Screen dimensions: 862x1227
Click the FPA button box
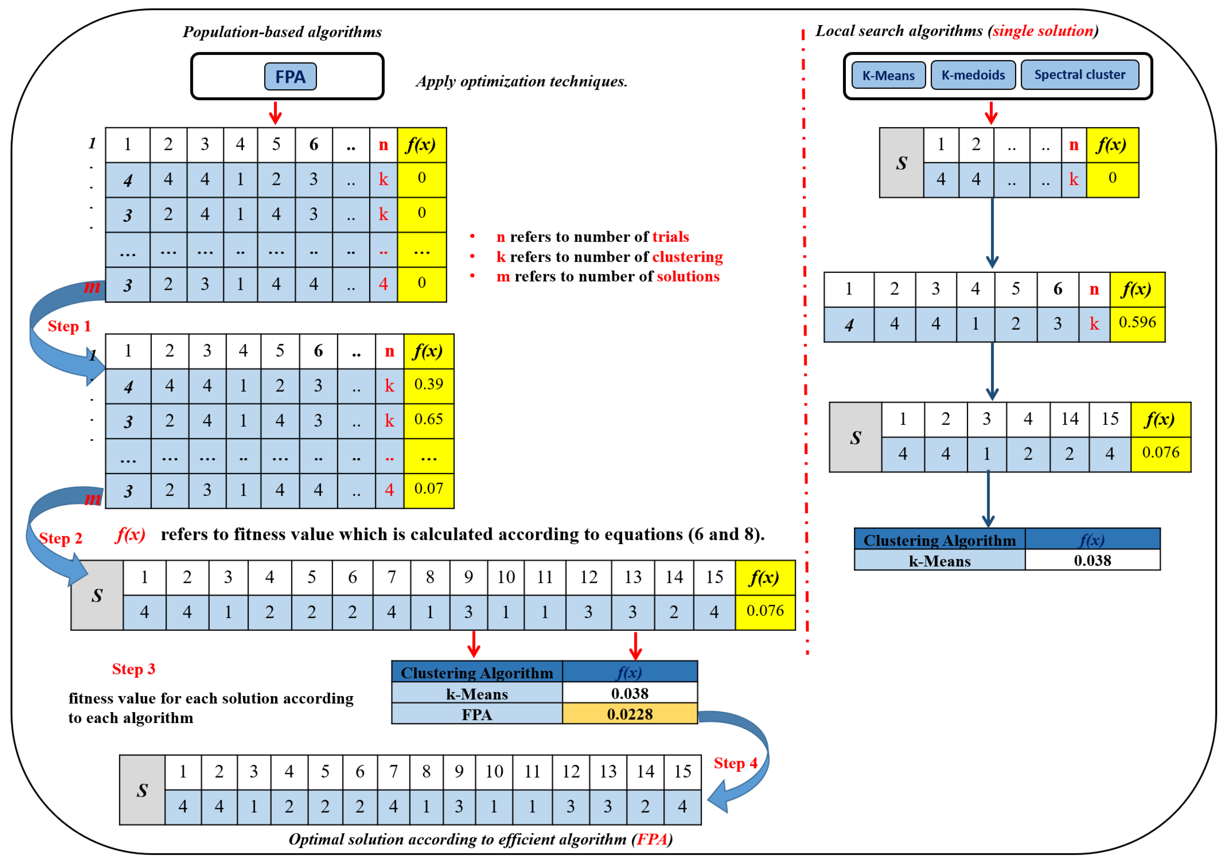(290, 77)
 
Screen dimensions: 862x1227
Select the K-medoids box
(973, 75)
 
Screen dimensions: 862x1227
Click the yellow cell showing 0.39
(429, 385)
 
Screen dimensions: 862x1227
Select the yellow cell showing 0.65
(429, 419)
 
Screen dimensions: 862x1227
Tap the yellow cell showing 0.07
(429, 489)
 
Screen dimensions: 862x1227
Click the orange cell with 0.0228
(630, 714)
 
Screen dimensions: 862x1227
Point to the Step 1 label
(69, 326)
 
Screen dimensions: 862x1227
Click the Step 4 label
(735, 763)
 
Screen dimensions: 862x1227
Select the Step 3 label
(133, 669)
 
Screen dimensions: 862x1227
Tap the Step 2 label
(61, 539)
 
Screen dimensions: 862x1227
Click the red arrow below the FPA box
(275, 113)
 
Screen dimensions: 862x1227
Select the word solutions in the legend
(688, 276)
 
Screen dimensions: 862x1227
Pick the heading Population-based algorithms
(282, 32)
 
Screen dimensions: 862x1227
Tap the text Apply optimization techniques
(522, 81)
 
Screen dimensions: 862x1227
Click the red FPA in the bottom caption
(652, 839)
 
